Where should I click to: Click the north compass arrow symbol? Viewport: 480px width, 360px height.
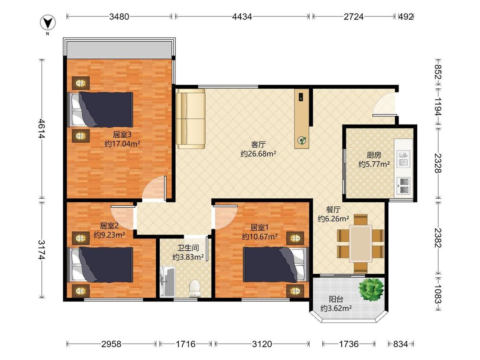pos(47,23)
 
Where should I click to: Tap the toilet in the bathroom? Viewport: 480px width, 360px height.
pos(195,289)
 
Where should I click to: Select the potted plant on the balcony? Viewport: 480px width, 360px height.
pos(371,290)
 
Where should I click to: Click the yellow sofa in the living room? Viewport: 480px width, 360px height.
pos(190,119)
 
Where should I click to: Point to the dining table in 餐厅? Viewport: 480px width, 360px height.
pos(361,244)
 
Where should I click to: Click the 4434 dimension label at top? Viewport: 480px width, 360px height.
pos(242,17)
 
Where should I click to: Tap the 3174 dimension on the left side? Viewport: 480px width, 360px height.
pos(42,250)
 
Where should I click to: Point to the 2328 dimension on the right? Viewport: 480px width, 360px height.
pos(438,163)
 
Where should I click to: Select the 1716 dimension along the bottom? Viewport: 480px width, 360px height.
pos(186,344)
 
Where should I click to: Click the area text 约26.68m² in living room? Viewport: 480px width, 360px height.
pos(259,154)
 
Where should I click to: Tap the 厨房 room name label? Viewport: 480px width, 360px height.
pos(374,155)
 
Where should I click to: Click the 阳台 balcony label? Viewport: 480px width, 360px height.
pos(336,299)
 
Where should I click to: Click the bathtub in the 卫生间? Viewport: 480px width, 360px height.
pos(167,282)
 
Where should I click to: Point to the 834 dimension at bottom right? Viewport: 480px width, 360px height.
pos(400,344)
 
